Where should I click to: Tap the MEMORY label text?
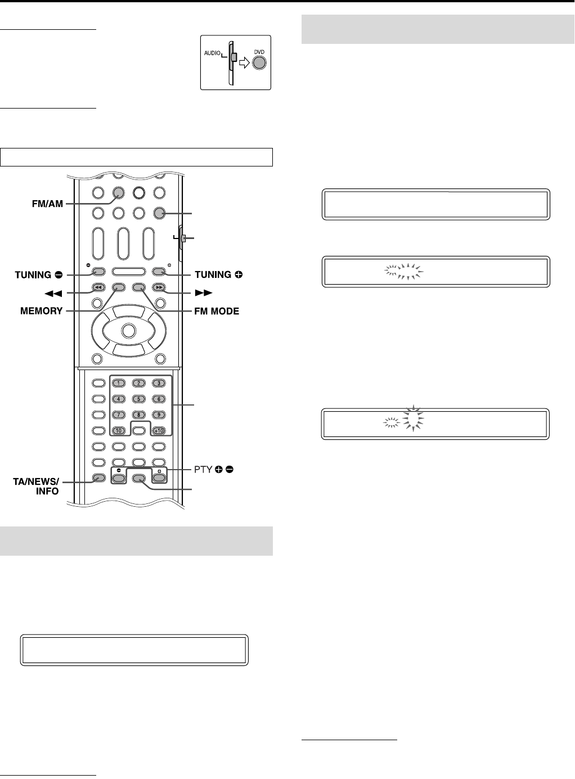pyautogui.click(x=41, y=310)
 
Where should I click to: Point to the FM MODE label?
pyautogui.click(x=217, y=310)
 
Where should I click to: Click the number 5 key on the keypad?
pyautogui.click(x=138, y=399)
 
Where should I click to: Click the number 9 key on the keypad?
pyautogui.click(x=159, y=415)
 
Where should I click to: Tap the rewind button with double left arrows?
pyautogui.click(x=97, y=287)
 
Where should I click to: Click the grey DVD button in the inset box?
pyautogui.click(x=258, y=62)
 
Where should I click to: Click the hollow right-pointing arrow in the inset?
pyautogui.click(x=245, y=62)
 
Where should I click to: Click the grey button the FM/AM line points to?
pyautogui.click(x=118, y=193)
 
